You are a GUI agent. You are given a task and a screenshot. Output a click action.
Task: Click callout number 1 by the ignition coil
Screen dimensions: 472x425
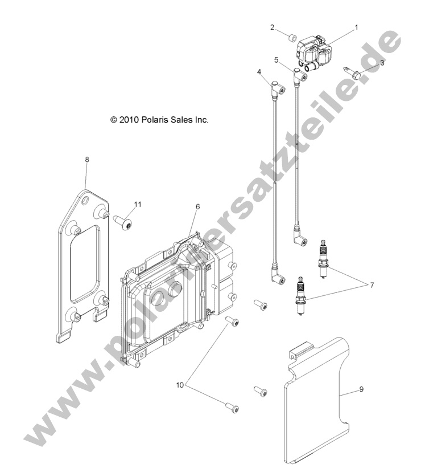point(356,27)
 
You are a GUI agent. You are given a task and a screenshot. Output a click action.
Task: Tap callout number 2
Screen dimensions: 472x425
point(272,27)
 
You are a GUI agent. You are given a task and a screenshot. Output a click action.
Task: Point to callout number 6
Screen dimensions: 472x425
point(197,207)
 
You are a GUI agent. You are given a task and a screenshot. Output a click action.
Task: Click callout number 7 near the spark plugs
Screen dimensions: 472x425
point(372,284)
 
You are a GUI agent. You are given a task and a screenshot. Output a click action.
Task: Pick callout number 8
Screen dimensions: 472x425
point(86,160)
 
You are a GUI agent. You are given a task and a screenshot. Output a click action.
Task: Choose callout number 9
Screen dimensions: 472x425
point(361,389)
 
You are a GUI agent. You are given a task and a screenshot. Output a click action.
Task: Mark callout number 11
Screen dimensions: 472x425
point(137,204)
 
